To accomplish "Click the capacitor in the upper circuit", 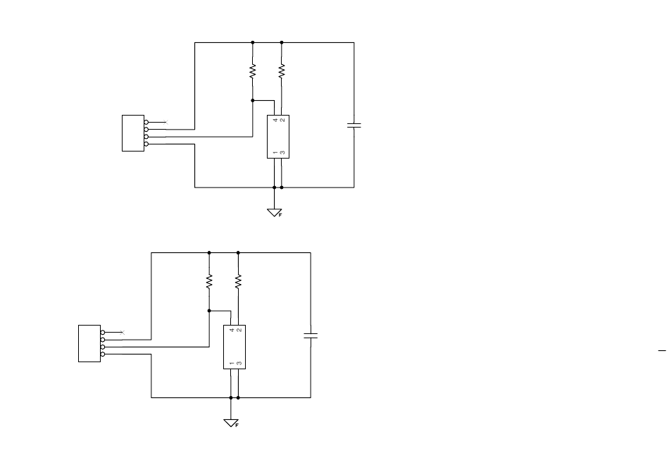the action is pyautogui.click(x=354, y=125).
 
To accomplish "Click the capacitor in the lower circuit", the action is pyautogui.click(x=311, y=335).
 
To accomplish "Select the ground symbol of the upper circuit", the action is pyautogui.click(x=275, y=212).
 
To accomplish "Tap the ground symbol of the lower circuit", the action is pyautogui.click(x=231, y=423).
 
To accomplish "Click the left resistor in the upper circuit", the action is pyautogui.click(x=253, y=71).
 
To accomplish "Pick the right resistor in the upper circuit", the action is pyautogui.click(x=282, y=71).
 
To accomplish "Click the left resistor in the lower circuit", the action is pyautogui.click(x=209, y=281).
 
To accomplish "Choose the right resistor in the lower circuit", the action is pyautogui.click(x=238, y=281).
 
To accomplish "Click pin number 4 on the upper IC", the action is pyautogui.click(x=275, y=120).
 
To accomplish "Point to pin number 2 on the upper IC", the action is pyautogui.click(x=282, y=120).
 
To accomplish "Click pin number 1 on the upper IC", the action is pyautogui.click(x=275, y=152).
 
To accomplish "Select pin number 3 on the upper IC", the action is pyautogui.click(x=282, y=152).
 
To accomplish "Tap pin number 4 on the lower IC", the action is pyautogui.click(x=232, y=330).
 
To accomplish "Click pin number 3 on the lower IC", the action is pyautogui.click(x=239, y=364).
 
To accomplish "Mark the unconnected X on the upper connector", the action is pyautogui.click(x=166, y=122).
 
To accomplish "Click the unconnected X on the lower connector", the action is pyautogui.click(x=123, y=333).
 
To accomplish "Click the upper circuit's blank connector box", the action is pyautogui.click(x=133, y=132).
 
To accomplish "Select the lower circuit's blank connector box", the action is pyautogui.click(x=89, y=343).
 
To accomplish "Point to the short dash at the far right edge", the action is pyautogui.click(x=662, y=351).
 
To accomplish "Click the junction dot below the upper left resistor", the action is pyautogui.click(x=253, y=100).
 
